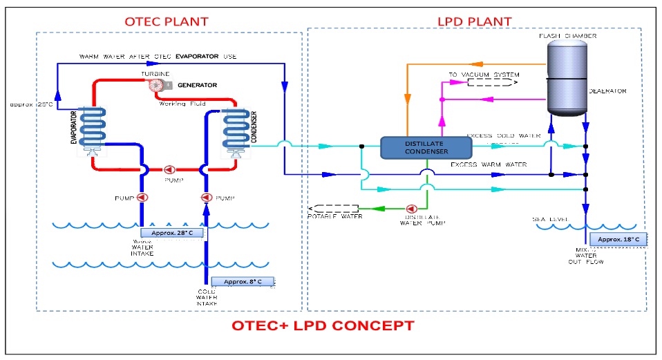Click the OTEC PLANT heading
(x=166, y=21)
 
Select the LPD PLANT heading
(x=475, y=21)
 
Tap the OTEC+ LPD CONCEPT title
(x=323, y=325)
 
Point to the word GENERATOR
(x=198, y=85)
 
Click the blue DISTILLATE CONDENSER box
(x=426, y=146)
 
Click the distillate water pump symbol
(x=413, y=208)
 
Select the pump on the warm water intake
(x=142, y=198)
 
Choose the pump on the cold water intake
(x=205, y=198)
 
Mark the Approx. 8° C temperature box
(x=243, y=281)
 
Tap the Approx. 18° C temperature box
(x=618, y=239)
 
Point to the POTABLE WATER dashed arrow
(x=334, y=208)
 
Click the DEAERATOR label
(x=607, y=91)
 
